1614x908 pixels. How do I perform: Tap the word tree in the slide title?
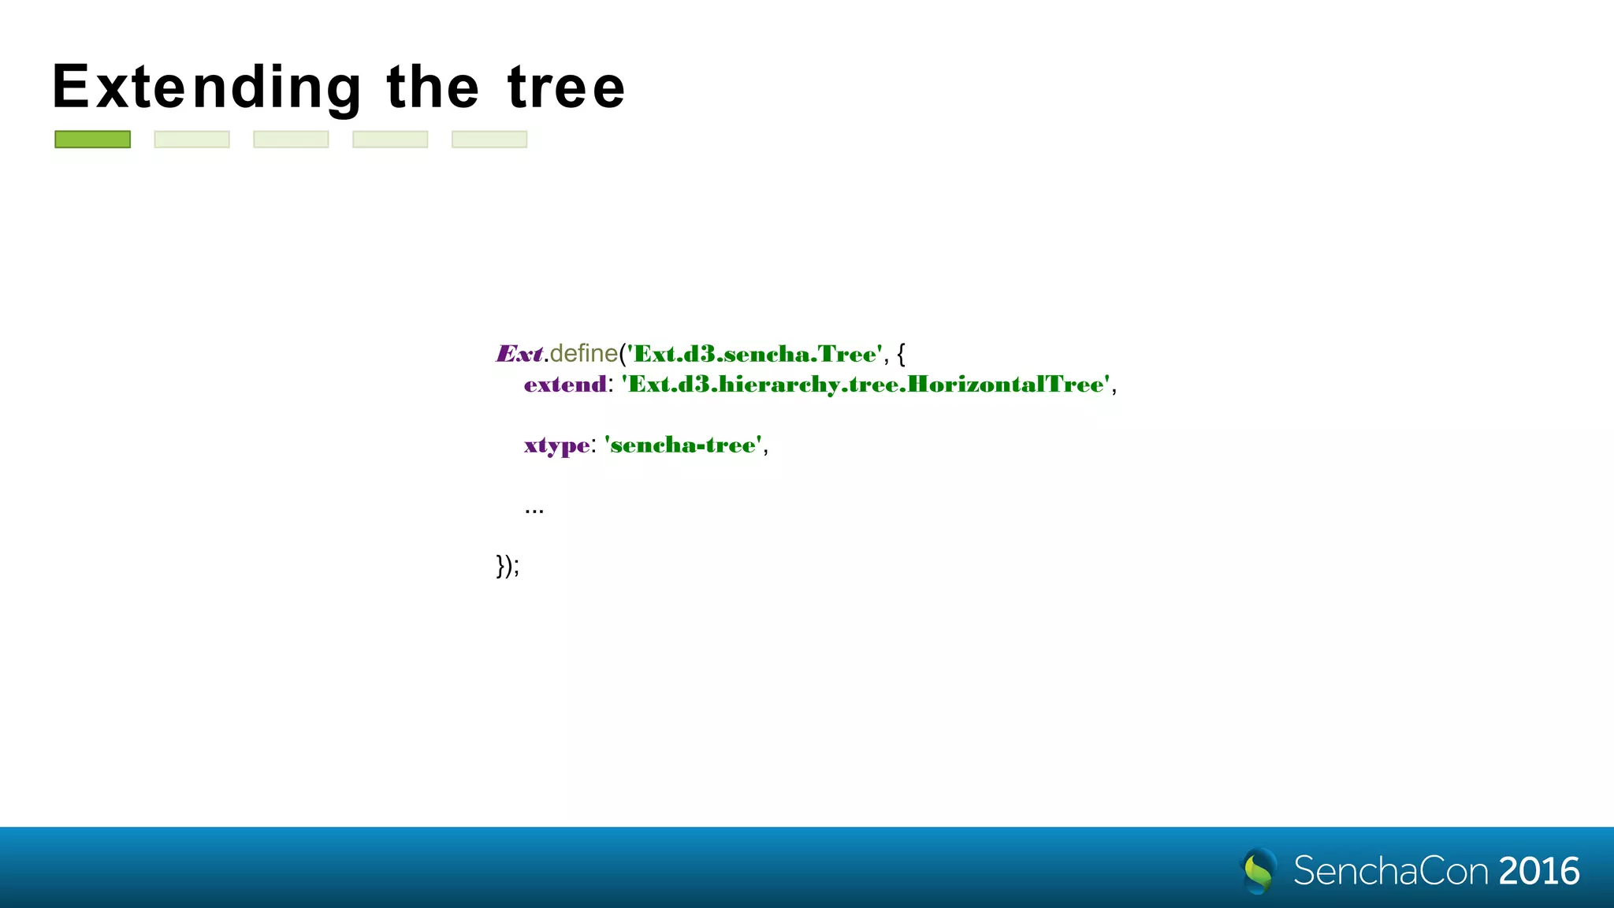[566, 87]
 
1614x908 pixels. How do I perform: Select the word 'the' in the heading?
[433, 87]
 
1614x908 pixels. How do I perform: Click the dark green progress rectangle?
[92, 140]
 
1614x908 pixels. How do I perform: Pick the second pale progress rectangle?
[291, 140]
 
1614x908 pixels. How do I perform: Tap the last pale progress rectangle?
[489, 140]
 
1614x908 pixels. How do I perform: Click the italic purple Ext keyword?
[519, 354]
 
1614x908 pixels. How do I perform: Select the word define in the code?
[583, 353]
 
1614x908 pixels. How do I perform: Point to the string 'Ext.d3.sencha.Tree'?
[755, 354]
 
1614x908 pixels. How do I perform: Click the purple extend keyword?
[565, 385]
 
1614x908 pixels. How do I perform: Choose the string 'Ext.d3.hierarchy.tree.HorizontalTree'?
[866, 385]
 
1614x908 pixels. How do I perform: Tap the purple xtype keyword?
[556, 446]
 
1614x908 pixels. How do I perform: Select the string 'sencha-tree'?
[682, 445]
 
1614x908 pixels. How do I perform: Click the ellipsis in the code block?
[534, 509]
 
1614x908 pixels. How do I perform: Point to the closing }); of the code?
[508, 565]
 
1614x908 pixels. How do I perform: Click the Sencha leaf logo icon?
[1259, 870]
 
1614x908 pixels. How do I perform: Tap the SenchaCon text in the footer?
[1390, 871]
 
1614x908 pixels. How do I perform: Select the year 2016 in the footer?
[1538, 871]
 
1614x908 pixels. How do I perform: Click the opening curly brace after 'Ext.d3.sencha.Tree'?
[901, 354]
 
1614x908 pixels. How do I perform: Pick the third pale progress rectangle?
[390, 140]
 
